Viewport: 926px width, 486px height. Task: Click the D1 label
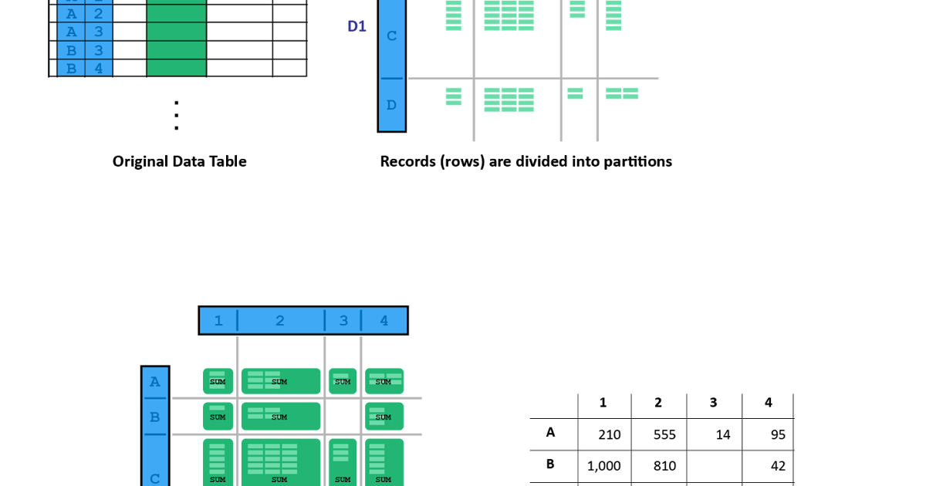coord(357,27)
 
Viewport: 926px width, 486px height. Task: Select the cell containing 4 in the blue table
coord(99,68)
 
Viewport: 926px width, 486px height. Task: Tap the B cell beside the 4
coord(71,68)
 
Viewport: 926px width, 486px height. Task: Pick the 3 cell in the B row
coord(99,50)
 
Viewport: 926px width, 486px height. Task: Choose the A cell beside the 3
coord(71,32)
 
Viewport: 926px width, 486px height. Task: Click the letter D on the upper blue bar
coord(391,105)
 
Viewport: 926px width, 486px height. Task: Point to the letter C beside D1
coord(391,36)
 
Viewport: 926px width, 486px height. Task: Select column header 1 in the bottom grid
coord(218,321)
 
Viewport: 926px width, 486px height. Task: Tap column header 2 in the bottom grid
coord(280,321)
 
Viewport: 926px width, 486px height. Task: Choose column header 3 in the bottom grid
coord(343,321)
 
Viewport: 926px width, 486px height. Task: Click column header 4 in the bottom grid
coord(384,321)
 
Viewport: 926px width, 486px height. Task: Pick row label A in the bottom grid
coord(155,382)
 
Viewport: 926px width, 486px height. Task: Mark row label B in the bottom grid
coord(155,417)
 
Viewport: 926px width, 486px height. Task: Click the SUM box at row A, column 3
coord(342,381)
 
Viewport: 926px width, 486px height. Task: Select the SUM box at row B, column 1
coord(218,417)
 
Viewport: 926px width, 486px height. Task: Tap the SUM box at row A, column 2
coord(280,381)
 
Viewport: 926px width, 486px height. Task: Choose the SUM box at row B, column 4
coord(384,417)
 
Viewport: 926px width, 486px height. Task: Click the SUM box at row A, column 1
coord(218,381)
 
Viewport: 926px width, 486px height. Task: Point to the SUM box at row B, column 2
coord(280,417)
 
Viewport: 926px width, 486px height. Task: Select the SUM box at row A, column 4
coord(384,381)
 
